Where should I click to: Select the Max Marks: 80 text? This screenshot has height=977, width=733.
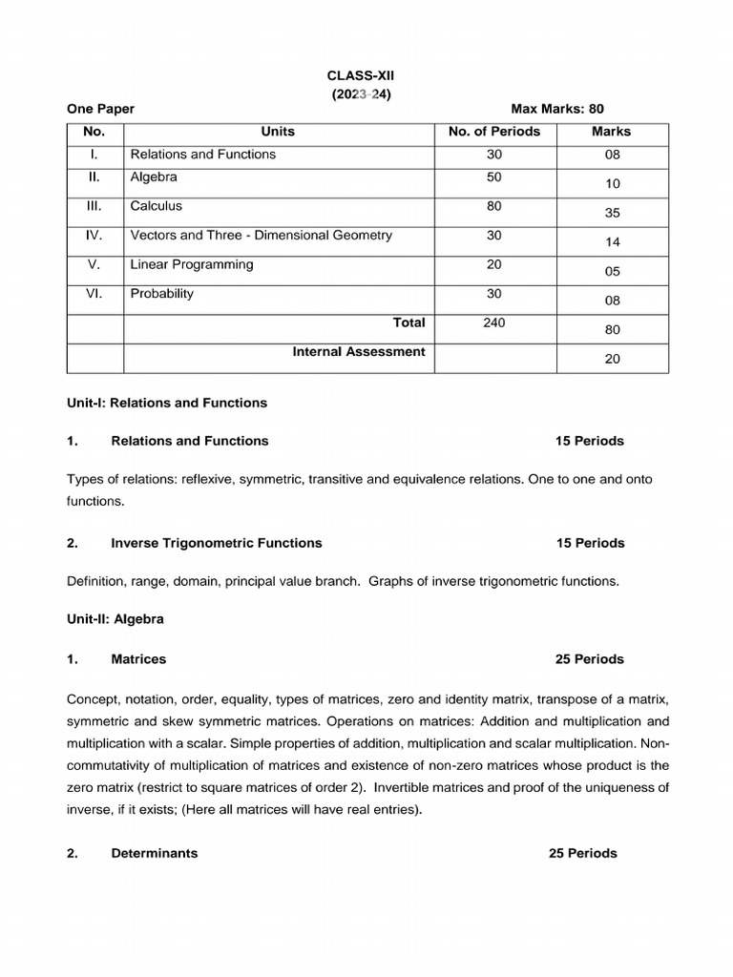point(557,110)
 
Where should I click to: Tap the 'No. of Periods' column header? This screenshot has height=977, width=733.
point(493,132)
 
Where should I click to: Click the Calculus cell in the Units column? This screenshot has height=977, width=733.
point(156,206)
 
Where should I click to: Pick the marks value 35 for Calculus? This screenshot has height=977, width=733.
point(612,213)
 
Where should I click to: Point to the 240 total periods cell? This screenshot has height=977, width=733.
point(493,323)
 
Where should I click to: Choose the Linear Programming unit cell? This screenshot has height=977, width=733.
point(191,264)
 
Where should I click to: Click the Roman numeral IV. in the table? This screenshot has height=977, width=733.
point(94,236)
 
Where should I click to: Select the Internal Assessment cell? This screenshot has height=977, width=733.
point(358,352)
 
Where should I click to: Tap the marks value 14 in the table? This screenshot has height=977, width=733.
point(612,242)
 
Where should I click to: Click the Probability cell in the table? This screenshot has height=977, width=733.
point(161,294)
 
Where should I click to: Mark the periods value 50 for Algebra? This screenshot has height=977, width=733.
point(493,177)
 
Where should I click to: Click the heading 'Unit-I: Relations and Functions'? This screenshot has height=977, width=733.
point(167,403)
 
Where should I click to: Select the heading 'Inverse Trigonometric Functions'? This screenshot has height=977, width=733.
point(216,543)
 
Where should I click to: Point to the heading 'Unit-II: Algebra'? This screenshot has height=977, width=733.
point(115,619)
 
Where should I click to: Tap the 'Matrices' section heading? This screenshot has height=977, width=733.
point(138,659)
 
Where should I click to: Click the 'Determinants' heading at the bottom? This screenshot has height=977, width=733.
point(154,853)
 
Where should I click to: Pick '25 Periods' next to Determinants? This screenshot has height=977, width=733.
point(582,853)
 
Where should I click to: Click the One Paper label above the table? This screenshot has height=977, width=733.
point(100,110)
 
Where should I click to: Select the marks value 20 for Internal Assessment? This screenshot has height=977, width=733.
point(612,359)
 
